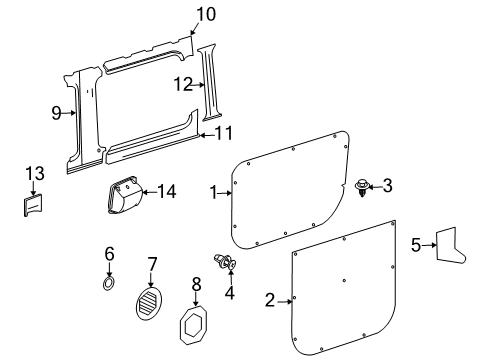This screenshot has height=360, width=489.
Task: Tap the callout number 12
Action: tap(182, 85)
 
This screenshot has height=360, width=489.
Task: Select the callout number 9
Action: tap(56, 113)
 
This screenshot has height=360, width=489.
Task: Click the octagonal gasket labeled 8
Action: tap(197, 325)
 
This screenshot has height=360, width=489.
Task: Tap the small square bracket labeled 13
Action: tap(32, 204)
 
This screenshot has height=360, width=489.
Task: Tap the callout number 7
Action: tap(152, 263)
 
